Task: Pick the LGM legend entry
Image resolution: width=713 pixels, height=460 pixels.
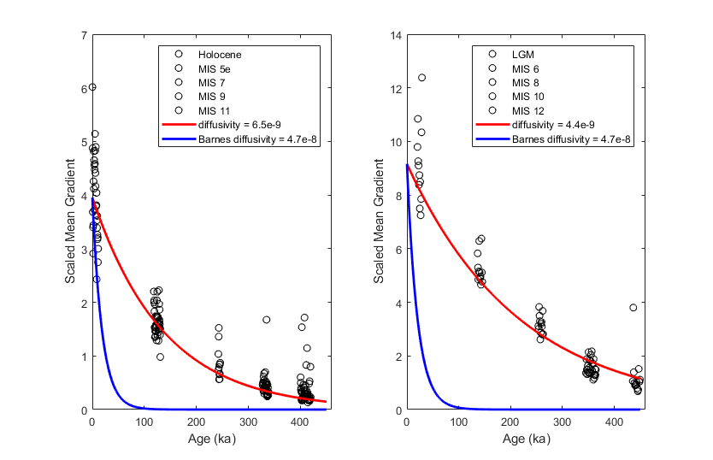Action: tap(521, 54)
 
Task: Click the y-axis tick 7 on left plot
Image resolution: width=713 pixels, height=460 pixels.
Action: tap(82, 35)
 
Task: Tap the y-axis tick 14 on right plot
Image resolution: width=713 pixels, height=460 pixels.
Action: tap(393, 35)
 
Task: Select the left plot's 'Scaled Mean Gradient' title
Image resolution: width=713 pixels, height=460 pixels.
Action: tap(69, 222)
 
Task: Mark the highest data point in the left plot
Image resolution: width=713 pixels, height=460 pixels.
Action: tap(92, 86)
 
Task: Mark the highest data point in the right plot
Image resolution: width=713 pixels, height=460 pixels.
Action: tap(421, 78)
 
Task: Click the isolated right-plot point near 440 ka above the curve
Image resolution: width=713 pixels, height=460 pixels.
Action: tap(633, 308)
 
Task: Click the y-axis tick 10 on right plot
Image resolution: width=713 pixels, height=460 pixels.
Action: tap(393, 142)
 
